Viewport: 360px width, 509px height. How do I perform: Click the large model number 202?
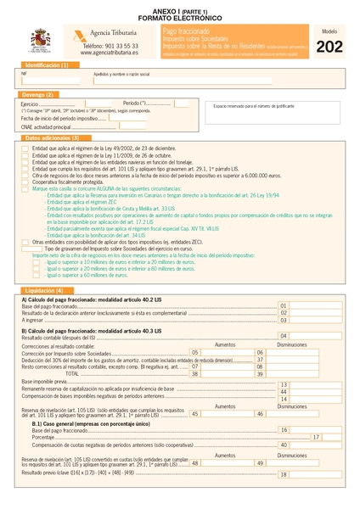pos(329,47)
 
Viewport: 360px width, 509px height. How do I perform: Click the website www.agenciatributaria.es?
pos(110,53)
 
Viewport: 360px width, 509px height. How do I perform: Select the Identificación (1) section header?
pos(47,65)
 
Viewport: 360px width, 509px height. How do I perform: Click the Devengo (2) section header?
pos(39,94)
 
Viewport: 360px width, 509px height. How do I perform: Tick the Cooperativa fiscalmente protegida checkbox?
pos(25,182)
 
